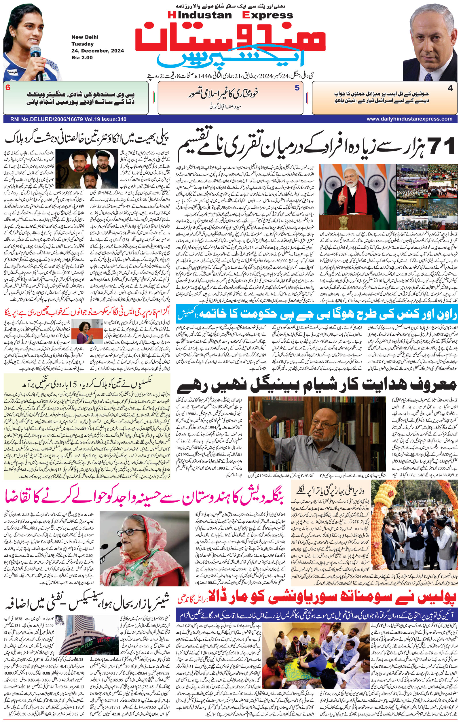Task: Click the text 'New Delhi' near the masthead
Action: [x=85, y=37]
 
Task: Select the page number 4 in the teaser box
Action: [x=450, y=88]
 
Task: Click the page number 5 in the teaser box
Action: [x=297, y=88]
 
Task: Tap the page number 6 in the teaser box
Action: [x=8, y=88]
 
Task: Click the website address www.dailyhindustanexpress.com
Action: [x=409, y=119]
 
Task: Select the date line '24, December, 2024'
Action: [x=98, y=51]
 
